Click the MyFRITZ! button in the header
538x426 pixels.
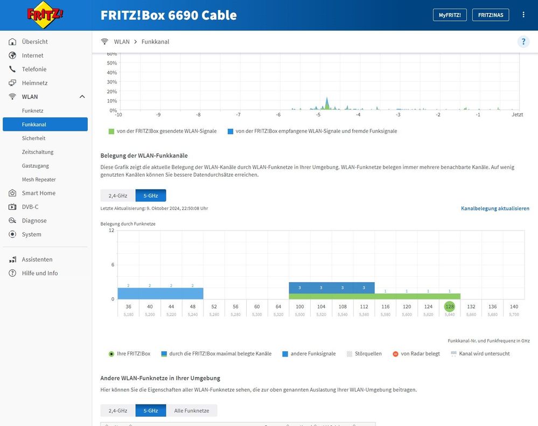(450, 15)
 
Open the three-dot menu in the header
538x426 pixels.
(523, 15)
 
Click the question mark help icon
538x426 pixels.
(523, 41)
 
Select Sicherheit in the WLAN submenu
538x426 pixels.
(33, 138)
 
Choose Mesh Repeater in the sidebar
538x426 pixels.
(39, 179)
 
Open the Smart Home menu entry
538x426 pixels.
(38, 193)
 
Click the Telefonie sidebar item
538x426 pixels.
(34, 69)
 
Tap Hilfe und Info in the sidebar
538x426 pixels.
(39, 273)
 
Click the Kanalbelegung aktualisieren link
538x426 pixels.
(495, 208)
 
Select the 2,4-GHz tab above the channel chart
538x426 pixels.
(117, 195)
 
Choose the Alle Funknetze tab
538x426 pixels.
(191, 410)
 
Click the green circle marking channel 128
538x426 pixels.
(449, 306)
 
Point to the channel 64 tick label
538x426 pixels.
(278, 306)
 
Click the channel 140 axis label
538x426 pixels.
(514, 306)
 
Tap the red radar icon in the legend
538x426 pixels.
(395, 354)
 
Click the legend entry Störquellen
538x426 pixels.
(368, 354)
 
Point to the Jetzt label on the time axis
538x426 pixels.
(517, 115)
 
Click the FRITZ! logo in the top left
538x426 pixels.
(45, 15)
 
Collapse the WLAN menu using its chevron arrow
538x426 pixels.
(82, 97)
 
